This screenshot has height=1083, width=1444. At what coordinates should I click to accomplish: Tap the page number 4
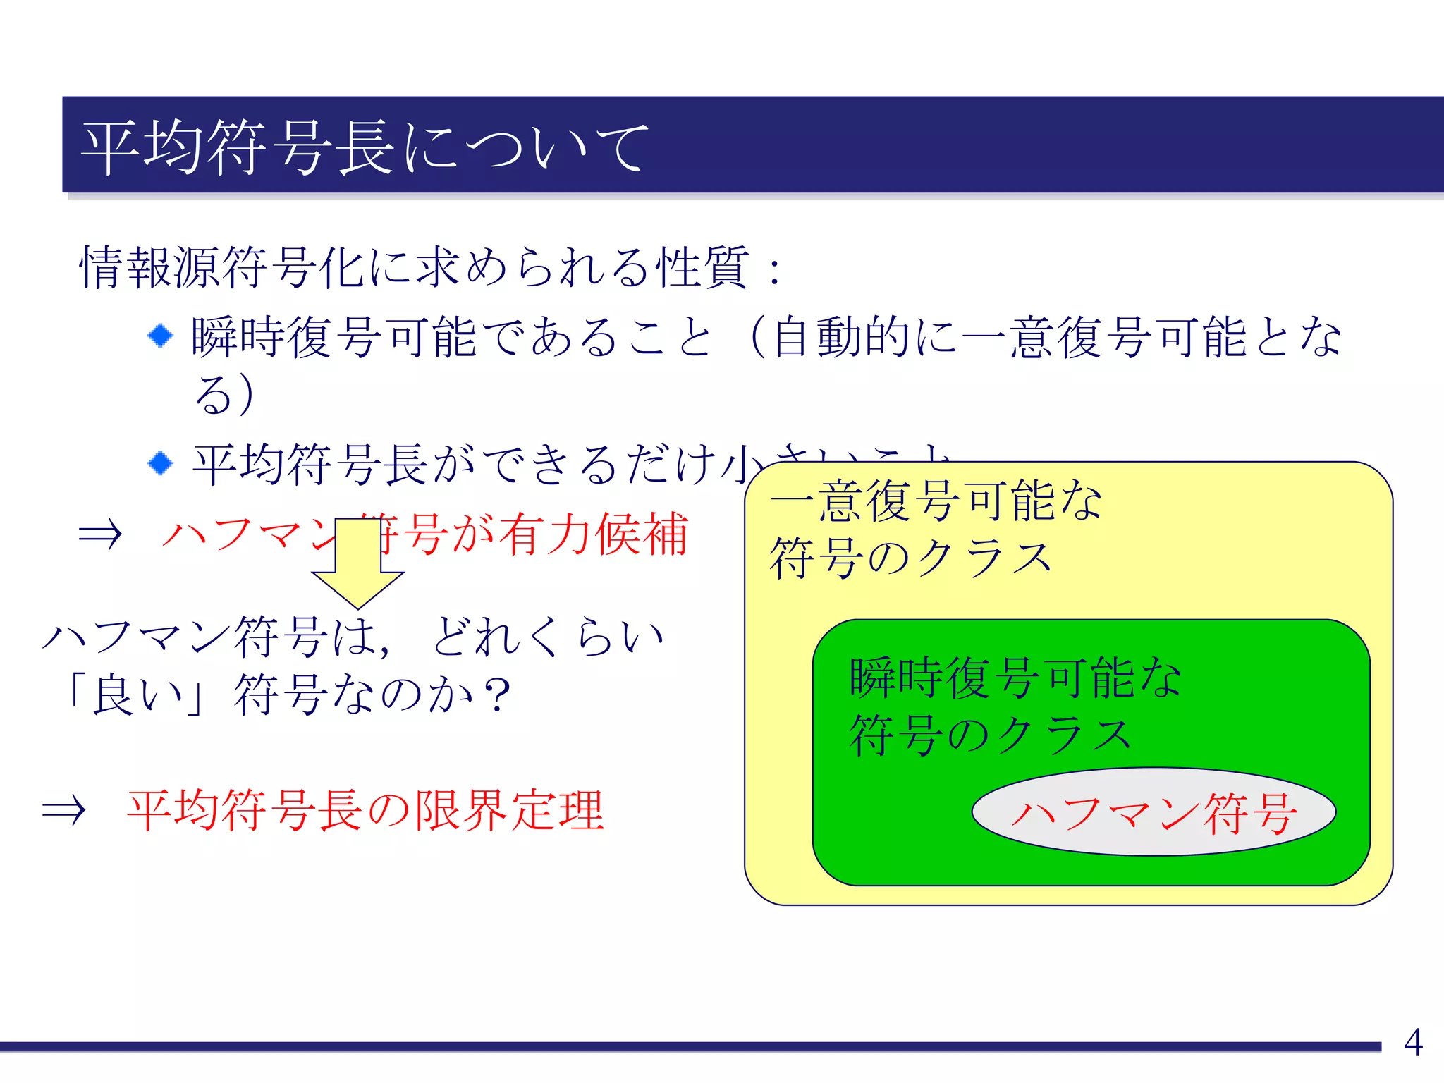coord(1413,1042)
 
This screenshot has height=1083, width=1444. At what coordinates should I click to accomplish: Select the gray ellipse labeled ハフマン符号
coord(1154,812)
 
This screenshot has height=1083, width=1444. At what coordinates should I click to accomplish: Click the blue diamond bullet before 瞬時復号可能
coord(161,336)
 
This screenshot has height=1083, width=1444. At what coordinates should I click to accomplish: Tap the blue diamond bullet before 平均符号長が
coord(161,463)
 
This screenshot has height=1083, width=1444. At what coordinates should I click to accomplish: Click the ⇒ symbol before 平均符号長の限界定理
coord(63,811)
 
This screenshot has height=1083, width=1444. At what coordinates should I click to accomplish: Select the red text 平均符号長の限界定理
coord(365,811)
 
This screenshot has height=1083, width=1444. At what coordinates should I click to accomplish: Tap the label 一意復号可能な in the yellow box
coord(935,501)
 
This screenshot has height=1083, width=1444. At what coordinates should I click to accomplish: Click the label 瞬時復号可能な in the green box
coord(1015,678)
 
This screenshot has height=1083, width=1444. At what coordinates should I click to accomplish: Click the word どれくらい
coord(547,637)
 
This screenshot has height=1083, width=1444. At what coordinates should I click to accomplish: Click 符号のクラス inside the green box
coord(990,735)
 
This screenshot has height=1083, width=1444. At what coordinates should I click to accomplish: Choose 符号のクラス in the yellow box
coord(911,559)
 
